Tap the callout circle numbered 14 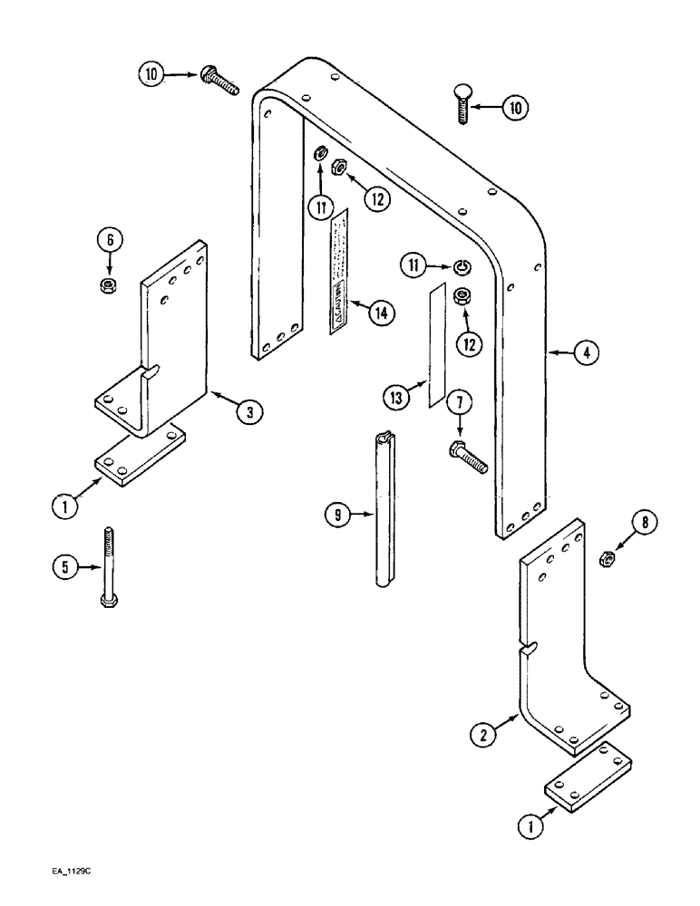pyautogui.click(x=382, y=313)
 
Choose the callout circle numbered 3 pyautogui.click(x=249, y=412)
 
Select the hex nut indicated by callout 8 pyautogui.click(x=608, y=561)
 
